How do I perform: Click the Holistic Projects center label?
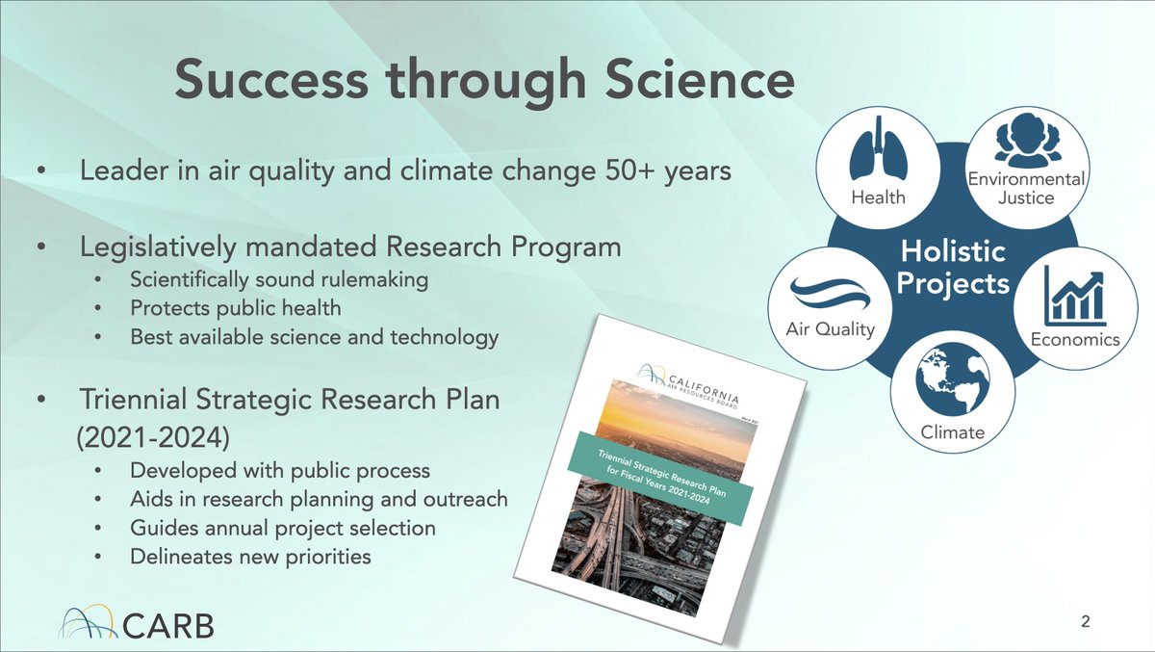click(x=954, y=268)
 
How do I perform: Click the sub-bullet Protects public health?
click(x=236, y=309)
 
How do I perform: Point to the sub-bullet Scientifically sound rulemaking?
click(x=278, y=280)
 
